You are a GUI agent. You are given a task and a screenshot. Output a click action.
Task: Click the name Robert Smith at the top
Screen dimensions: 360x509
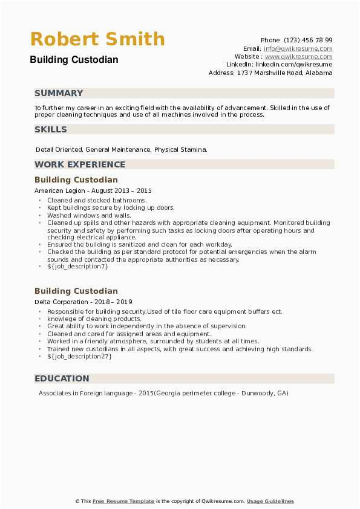click(x=97, y=39)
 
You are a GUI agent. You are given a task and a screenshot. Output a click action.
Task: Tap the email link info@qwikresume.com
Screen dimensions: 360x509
click(x=298, y=48)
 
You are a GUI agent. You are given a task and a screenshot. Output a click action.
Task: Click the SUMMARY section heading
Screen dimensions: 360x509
click(x=59, y=93)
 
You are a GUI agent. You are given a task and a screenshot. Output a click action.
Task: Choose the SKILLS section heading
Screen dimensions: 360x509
click(x=51, y=129)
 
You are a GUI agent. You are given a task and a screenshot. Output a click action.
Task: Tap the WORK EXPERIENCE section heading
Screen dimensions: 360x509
click(x=80, y=164)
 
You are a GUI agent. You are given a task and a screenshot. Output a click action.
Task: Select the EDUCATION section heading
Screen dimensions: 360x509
click(x=62, y=378)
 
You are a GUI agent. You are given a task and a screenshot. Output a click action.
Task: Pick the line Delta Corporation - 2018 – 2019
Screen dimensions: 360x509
click(x=84, y=302)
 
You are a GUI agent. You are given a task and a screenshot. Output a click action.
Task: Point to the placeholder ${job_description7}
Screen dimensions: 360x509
click(x=77, y=266)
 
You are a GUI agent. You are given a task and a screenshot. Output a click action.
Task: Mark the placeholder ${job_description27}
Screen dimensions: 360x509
click(x=79, y=356)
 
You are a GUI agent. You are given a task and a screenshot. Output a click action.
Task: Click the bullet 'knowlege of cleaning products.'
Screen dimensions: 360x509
click(x=94, y=319)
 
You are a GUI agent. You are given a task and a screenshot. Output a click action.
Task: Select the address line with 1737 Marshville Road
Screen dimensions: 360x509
click(x=270, y=73)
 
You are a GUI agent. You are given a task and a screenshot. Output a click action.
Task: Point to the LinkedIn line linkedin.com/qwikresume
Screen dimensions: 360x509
click(x=279, y=64)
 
